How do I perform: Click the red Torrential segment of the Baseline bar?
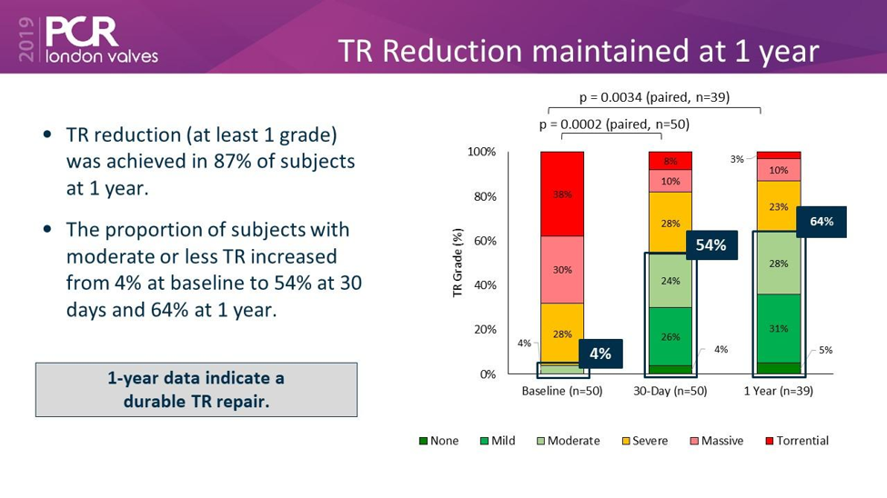coord(562,194)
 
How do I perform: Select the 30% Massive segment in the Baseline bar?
coord(562,269)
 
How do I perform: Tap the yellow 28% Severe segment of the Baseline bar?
coord(562,334)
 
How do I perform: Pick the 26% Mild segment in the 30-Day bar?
coord(670,336)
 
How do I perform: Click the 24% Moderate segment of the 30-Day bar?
coord(670,280)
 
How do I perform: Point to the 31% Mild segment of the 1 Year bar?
coord(778,328)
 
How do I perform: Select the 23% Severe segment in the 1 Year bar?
coord(778,206)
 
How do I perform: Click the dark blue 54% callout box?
coord(711,244)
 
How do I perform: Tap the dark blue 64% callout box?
coord(821,221)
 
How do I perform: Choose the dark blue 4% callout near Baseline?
coord(600,353)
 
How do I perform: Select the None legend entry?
coord(438,441)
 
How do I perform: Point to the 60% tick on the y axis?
coord(482,241)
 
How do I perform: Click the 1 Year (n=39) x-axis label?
coord(778,392)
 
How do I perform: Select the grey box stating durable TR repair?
coord(197,389)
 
